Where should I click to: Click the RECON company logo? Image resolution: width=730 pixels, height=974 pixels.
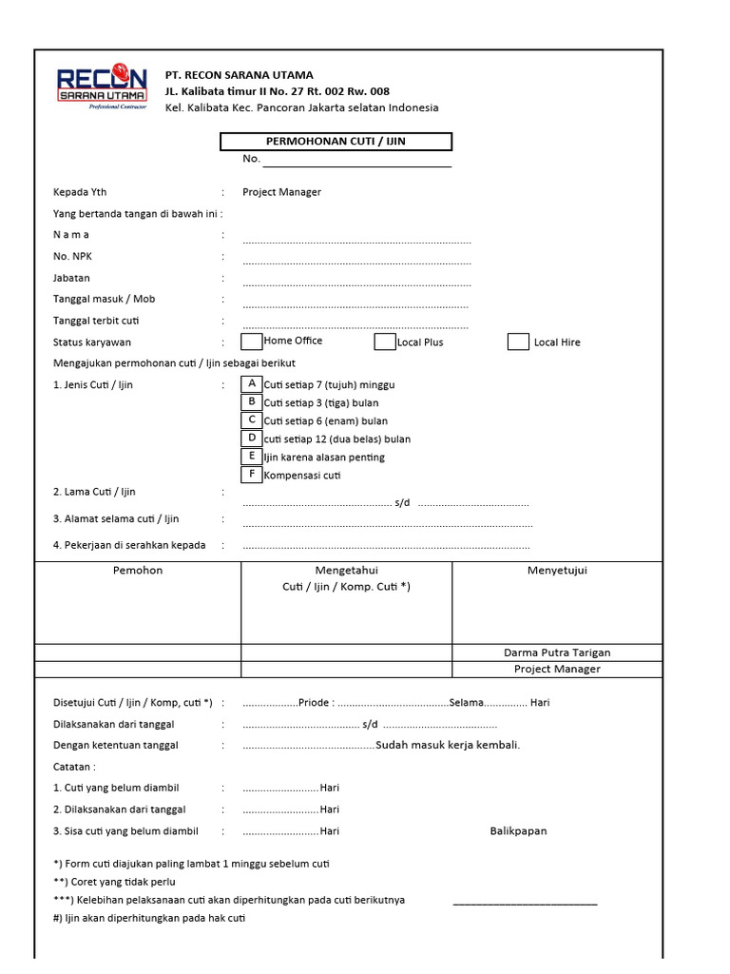pyautogui.click(x=102, y=88)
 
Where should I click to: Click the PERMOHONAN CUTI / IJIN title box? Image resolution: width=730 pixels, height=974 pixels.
pyautogui.click(x=336, y=142)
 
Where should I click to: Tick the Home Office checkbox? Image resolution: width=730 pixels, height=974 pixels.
pyautogui.click(x=252, y=341)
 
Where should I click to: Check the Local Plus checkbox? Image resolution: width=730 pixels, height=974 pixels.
pyautogui.click(x=384, y=341)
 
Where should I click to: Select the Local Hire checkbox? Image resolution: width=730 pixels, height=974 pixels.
pyautogui.click(x=518, y=341)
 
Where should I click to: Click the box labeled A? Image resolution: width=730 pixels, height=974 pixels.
pyautogui.click(x=252, y=383)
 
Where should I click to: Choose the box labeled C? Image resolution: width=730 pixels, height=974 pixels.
pyautogui.click(x=252, y=419)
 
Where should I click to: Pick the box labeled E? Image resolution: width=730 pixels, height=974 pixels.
pyautogui.click(x=252, y=456)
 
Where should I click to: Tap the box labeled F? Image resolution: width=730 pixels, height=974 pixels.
pyautogui.click(x=252, y=474)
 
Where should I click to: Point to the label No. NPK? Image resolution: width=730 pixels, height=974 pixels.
pyautogui.click(x=72, y=257)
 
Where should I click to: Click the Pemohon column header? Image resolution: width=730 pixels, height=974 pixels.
pyautogui.click(x=138, y=571)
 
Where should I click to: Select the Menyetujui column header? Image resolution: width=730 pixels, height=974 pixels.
pyautogui.click(x=557, y=571)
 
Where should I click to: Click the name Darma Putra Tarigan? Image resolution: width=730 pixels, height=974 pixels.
pyautogui.click(x=557, y=653)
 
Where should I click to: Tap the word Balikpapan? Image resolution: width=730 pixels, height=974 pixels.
pyautogui.click(x=518, y=830)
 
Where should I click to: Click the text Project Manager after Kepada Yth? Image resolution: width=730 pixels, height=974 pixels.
pyautogui.click(x=281, y=192)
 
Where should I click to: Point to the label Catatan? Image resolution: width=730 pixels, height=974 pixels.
pyautogui.click(x=74, y=767)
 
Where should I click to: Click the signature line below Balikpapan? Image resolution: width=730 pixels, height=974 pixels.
pyautogui.click(x=525, y=904)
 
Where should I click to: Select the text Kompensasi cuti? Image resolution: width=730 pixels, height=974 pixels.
pyautogui.click(x=301, y=475)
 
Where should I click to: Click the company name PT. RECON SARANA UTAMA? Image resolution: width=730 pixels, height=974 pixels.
pyautogui.click(x=239, y=75)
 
